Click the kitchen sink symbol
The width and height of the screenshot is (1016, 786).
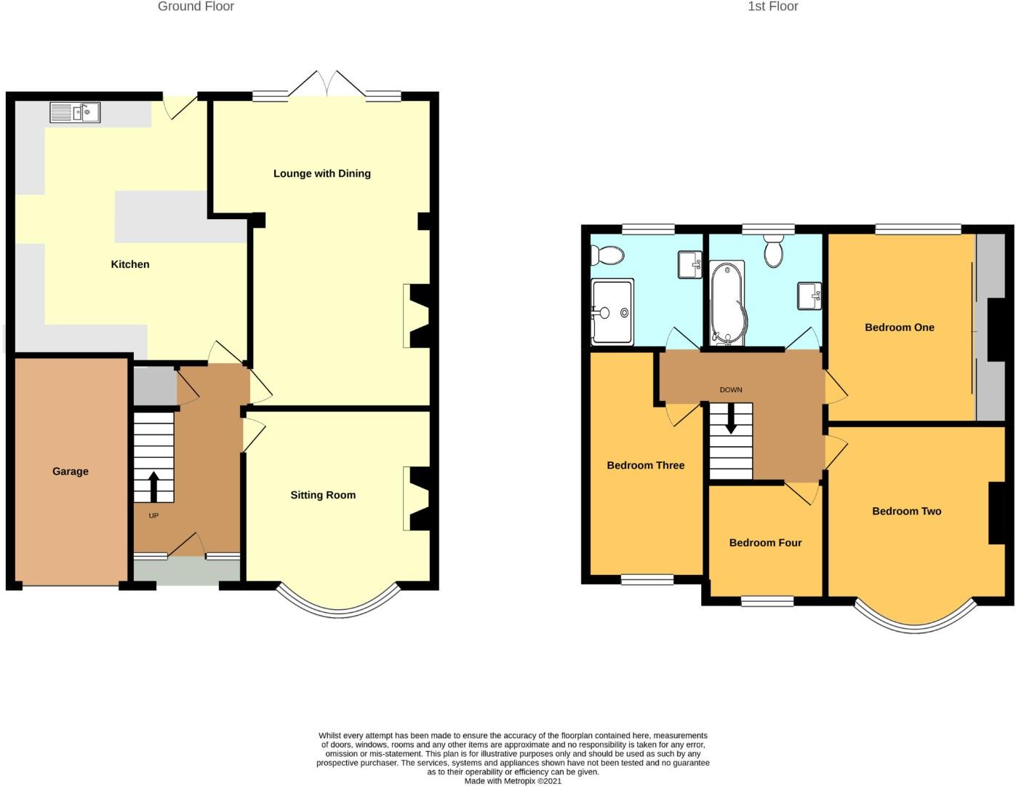pyautogui.click(x=75, y=113)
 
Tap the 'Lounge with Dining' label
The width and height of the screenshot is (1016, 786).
pyautogui.click(x=321, y=173)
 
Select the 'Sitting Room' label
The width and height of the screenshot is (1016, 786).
pyautogui.click(x=323, y=495)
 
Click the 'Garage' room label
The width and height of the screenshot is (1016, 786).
pyautogui.click(x=71, y=471)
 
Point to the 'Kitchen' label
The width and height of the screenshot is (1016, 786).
pyautogui.click(x=130, y=264)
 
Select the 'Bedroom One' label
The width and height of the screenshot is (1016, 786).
pyautogui.click(x=899, y=327)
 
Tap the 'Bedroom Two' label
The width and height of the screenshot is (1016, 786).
pyautogui.click(x=906, y=511)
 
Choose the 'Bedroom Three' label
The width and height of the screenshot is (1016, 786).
pyautogui.click(x=645, y=465)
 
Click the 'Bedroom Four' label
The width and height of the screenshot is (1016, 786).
pyautogui.click(x=765, y=542)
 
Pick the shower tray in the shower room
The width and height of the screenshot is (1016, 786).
pyautogui.click(x=612, y=311)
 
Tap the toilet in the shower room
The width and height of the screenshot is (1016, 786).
pyautogui.click(x=607, y=255)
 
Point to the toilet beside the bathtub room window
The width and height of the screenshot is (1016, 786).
pyautogui.click(x=773, y=252)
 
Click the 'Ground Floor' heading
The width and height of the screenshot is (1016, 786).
pyautogui.click(x=196, y=7)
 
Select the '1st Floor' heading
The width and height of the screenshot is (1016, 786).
pyautogui.click(x=772, y=7)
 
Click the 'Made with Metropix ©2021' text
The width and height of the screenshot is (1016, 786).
pyautogui.click(x=513, y=781)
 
